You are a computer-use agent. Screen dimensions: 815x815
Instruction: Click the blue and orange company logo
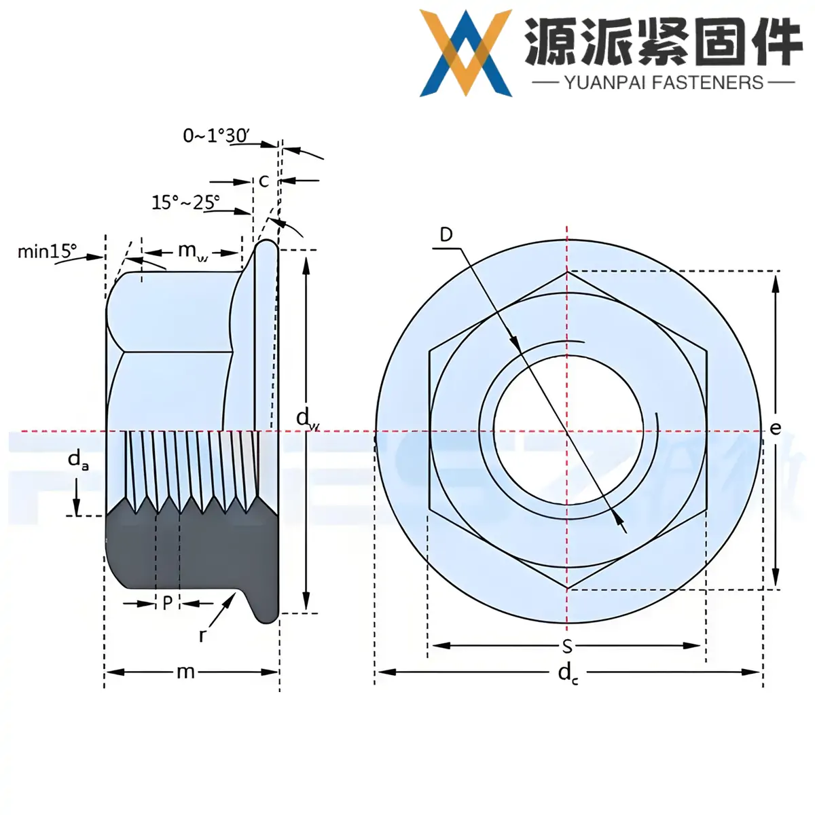coord(465,52)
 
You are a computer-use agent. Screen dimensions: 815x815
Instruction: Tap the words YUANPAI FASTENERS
coord(664,83)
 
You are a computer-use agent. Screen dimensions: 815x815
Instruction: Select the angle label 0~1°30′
coord(216,136)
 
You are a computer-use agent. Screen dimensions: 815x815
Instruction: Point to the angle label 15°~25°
coord(185,202)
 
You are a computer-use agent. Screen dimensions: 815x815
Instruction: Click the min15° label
coord(47,252)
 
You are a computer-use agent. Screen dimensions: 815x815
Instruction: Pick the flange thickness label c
coord(264,181)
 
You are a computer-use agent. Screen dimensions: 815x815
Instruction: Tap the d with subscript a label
coord(77,460)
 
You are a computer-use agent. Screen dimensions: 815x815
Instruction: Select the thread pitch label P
coord(167,602)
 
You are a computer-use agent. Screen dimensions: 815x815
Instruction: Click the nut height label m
coord(185,672)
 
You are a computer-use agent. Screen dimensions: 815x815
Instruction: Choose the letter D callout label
coord(446,235)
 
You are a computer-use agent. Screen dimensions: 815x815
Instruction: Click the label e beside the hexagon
coord(776,428)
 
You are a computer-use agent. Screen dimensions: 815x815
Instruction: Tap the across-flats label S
coord(567,646)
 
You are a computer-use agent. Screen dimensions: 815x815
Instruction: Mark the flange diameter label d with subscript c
coord(568,674)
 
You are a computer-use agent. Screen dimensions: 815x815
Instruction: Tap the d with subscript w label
coord(307,418)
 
